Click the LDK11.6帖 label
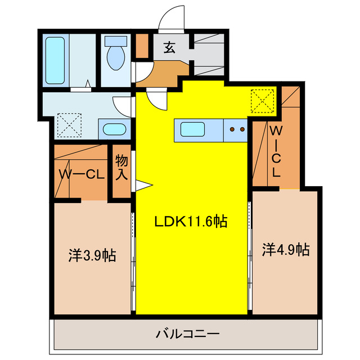[x=191, y=222]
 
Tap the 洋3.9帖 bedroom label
[x=92, y=255]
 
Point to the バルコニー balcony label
[x=187, y=334]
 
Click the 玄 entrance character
[x=169, y=47]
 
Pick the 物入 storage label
[x=121, y=168]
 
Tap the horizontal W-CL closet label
[x=82, y=175]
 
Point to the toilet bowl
[x=116, y=56]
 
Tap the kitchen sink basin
[x=193, y=130]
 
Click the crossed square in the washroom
[x=70, y=125]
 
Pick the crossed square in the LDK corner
[x=262, y=101]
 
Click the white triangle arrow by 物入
[x=142, y=186]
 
